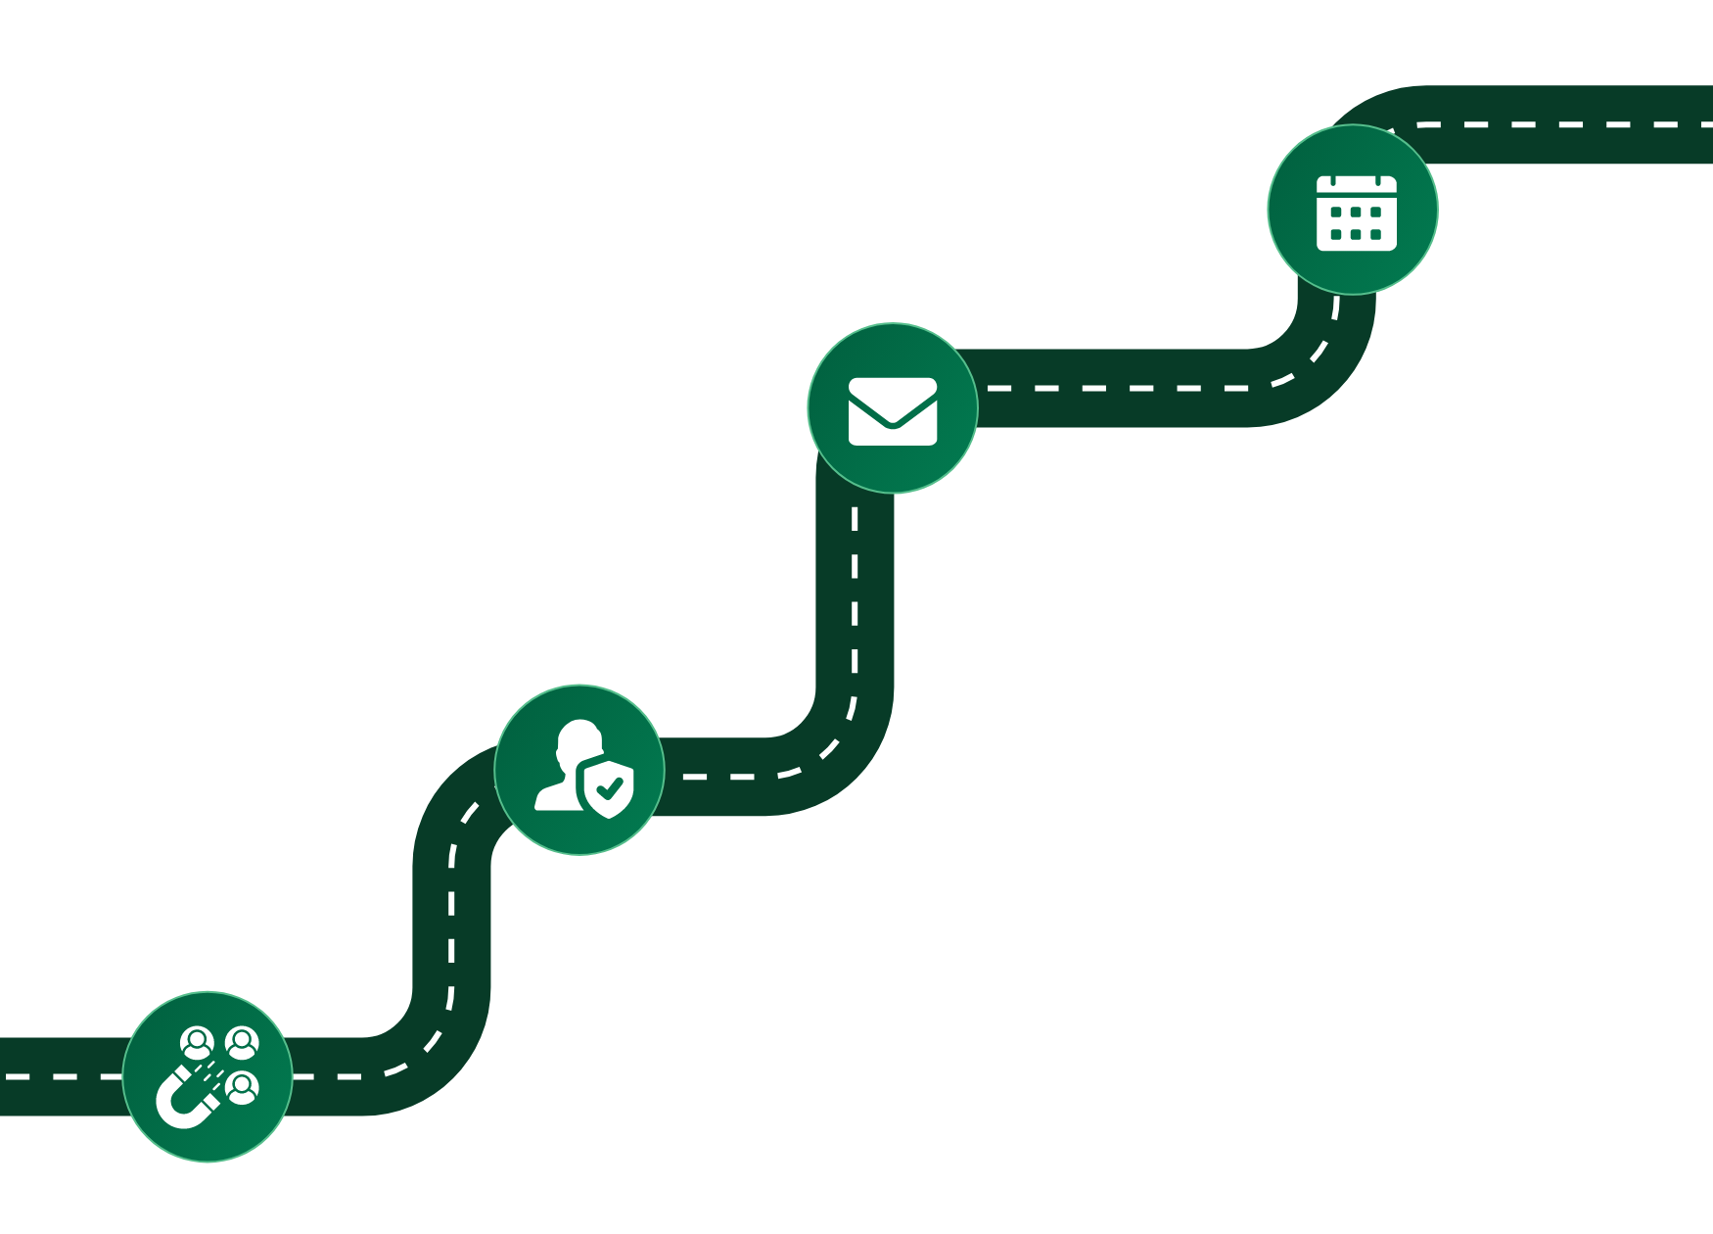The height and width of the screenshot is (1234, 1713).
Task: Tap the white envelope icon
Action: pos(893,411)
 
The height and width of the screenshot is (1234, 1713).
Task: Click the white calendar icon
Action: pos(1356,213)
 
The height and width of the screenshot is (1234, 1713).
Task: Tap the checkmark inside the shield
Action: pos(609,786)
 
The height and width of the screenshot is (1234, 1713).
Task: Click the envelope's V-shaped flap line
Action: pos(893,417)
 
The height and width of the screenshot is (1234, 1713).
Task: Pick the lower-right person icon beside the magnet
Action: pos(241,1087)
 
